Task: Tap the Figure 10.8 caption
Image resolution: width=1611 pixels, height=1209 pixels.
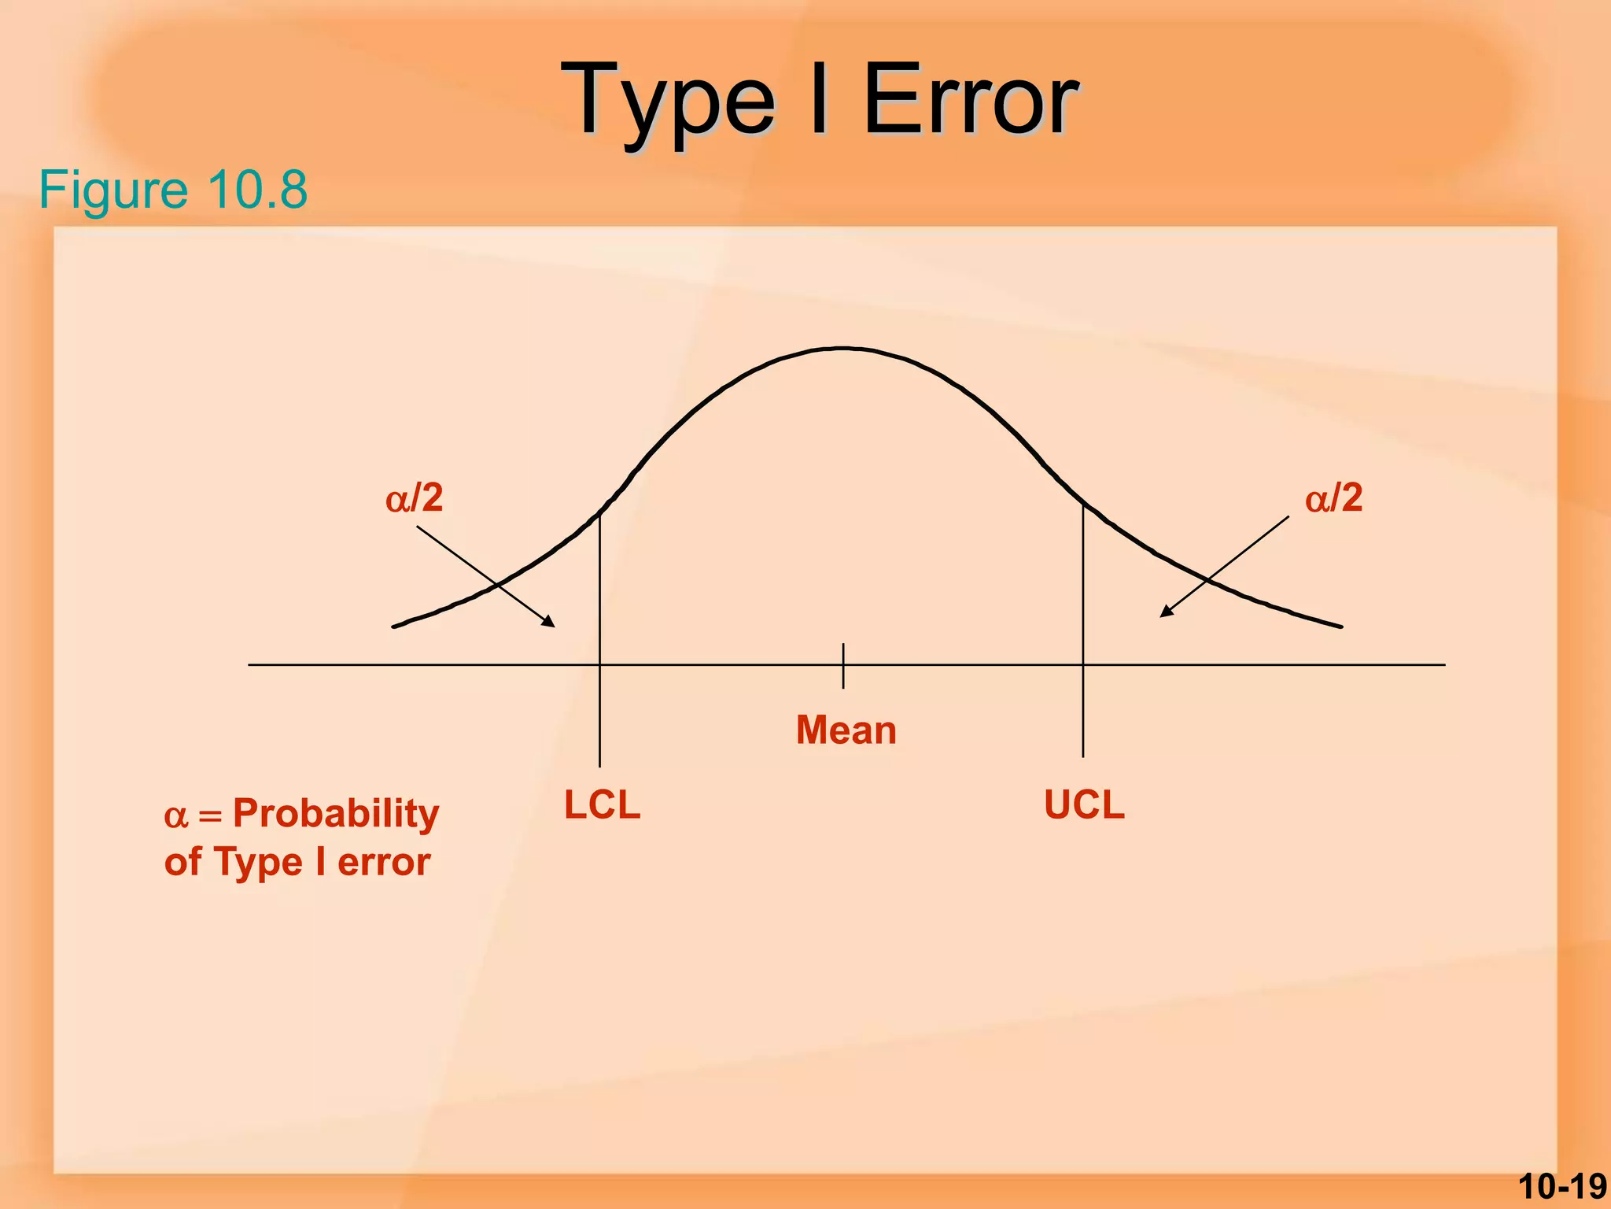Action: (173, 190)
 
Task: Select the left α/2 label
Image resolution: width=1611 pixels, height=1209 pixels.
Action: (415, 498)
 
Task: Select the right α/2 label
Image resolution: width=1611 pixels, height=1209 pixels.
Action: (1333, 498)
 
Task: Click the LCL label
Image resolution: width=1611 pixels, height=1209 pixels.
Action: (602, 805)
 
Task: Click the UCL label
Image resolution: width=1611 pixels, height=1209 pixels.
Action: (1084, 805)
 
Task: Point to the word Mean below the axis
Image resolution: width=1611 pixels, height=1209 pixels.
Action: (846, 730)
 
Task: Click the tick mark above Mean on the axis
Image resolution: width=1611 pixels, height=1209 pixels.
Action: (843, 665)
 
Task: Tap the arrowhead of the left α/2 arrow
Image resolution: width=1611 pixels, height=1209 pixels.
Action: (550, 623)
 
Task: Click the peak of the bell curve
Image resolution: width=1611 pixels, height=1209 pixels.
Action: (843, 348)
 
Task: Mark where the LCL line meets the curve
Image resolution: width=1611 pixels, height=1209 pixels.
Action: (599, 513)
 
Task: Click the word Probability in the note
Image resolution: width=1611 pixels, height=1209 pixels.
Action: (336, 813)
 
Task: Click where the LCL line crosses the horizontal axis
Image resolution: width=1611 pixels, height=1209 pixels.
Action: (599, 665)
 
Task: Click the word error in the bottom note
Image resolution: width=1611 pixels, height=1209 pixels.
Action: (383, 862)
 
